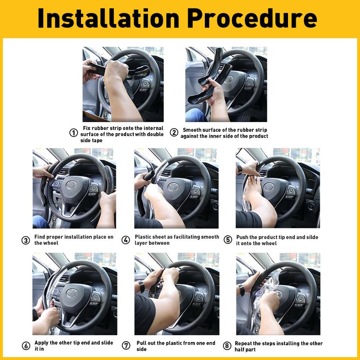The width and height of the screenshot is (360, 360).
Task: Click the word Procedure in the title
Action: [x=252, y=19]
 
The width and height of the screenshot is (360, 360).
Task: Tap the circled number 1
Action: [x=73, y=133]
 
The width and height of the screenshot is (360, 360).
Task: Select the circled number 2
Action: [x=174, y=133]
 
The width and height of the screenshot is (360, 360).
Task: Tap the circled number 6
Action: [x=26, y=346]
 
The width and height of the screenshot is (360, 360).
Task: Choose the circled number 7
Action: [x=126, y=346]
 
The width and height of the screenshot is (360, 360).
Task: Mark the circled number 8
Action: [x=228, y=346]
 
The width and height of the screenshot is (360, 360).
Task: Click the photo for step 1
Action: [x=122, y=84]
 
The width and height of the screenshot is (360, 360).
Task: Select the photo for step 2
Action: [x=226, y=84]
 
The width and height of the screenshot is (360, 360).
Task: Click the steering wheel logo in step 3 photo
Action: [x=72, y=185]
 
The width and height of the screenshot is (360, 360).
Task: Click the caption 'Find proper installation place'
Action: [x=74, y=240]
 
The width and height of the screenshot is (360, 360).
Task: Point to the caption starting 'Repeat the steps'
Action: [x=279, y=346]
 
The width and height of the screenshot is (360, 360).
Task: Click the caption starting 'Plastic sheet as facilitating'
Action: [x=177, y=240]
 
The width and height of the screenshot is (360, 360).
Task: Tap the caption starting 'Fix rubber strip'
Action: [x=122, y=134]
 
